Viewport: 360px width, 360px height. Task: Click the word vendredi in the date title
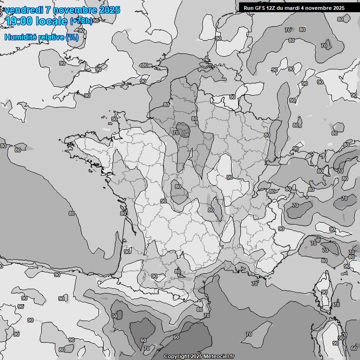(24, 10)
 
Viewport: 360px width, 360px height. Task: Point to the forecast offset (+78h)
(81, 21)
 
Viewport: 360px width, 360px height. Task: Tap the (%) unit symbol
(73, 37)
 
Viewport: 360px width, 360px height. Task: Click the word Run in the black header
(248, 7)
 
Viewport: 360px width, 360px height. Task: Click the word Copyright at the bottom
(177, 356)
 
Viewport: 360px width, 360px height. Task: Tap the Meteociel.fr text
(219, 356)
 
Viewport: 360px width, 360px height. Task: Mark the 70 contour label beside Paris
(176, 133)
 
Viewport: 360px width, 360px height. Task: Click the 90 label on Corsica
(324, 292)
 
